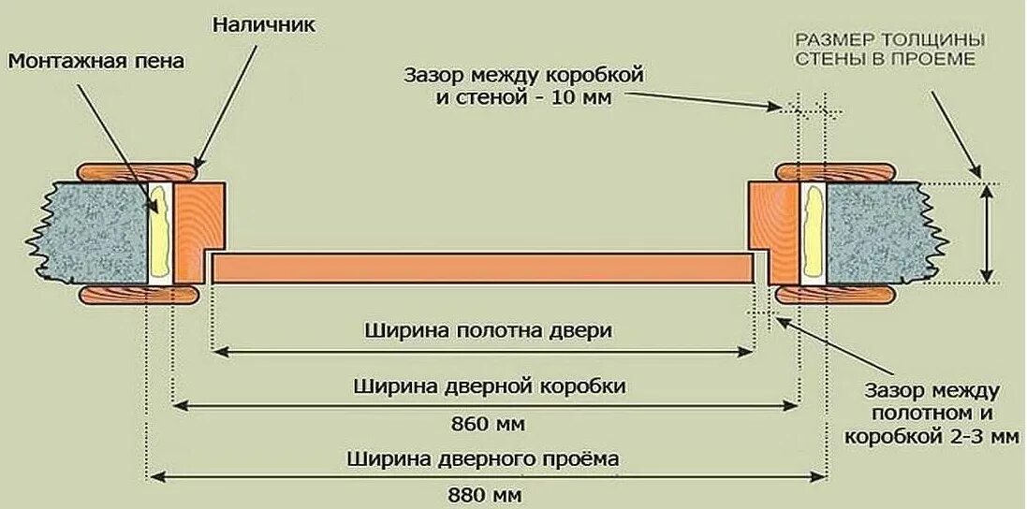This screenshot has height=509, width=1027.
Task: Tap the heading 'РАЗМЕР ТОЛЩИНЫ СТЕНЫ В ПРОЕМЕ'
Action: (x=888, y=50)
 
